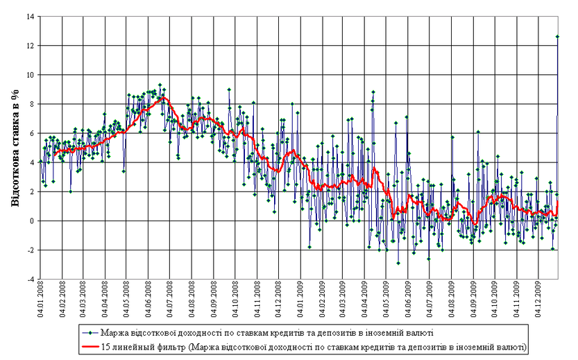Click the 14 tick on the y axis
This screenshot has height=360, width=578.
[x=32, y=16]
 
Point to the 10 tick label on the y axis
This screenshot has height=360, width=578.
[x=32, y=74]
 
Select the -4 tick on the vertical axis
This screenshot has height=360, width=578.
[x=32, y=279]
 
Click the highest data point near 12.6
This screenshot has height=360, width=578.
[x=558, y=36]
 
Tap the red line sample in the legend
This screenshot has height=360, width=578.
[x=90, y=345]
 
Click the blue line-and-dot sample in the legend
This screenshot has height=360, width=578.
[x=90, y=332]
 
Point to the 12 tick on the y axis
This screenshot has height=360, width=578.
[x=32, y=45]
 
